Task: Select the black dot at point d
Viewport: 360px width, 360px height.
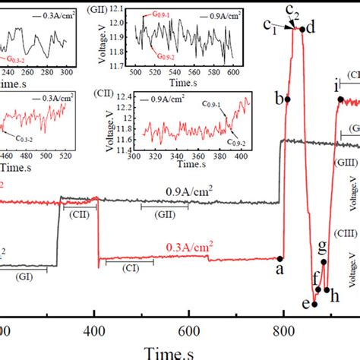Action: click(302, 30)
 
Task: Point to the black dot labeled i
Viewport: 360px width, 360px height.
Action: click(336, 100)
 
